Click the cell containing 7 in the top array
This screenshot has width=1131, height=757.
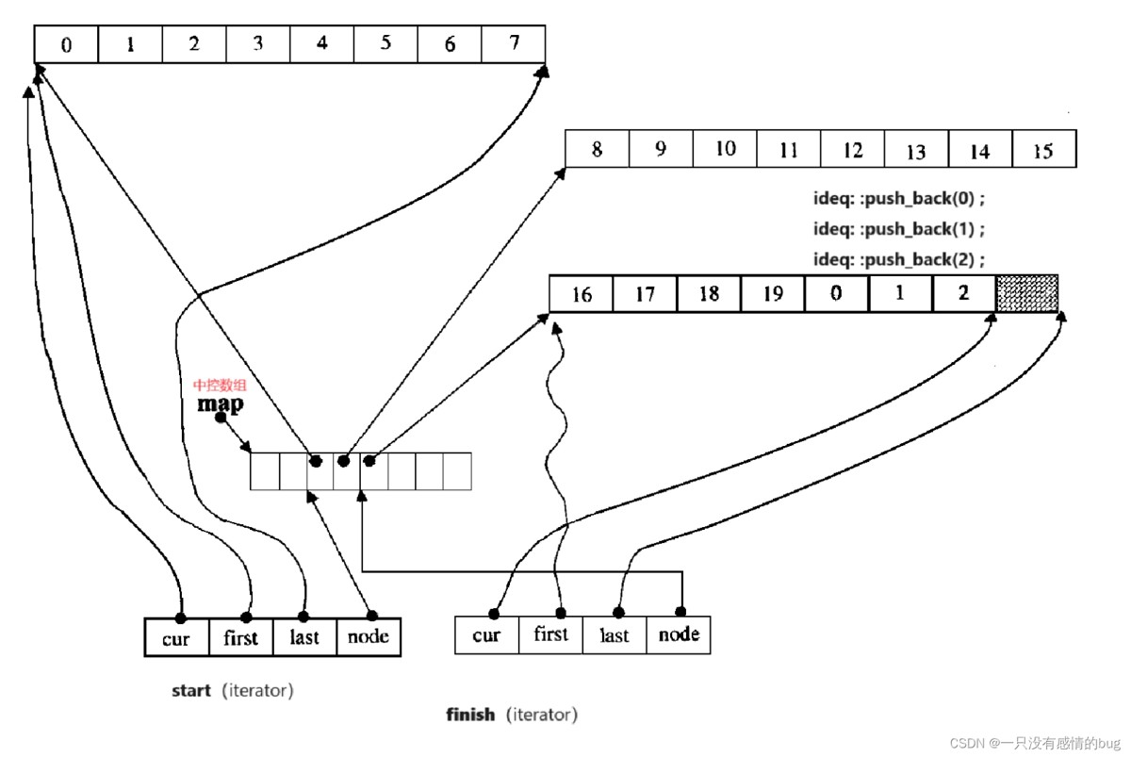(513, 44)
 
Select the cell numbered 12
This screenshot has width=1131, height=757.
(852, 150)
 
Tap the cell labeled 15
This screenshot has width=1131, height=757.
(1043, 150)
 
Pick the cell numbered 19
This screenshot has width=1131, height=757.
(772, 293)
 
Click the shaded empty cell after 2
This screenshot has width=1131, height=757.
(1027, 293)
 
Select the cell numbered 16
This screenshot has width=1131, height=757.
(582, 293)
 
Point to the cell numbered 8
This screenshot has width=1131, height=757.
(597, 150)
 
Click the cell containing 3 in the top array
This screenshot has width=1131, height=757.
(257, 44)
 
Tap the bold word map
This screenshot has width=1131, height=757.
(220, 403)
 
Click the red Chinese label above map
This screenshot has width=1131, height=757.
(221, 386)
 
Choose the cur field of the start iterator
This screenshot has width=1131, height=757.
(176, 637)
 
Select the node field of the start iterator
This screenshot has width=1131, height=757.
(369, 637)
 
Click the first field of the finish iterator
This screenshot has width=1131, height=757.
(550, 634)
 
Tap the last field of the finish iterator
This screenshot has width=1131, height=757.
(615, 634)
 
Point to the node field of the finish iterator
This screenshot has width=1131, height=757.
(679, 634)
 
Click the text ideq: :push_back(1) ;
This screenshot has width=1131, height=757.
(898, 229)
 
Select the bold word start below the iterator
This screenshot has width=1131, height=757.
(190, 691)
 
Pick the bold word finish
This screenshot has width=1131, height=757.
(470, 715)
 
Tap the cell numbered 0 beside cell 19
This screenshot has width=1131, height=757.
(836, 293)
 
